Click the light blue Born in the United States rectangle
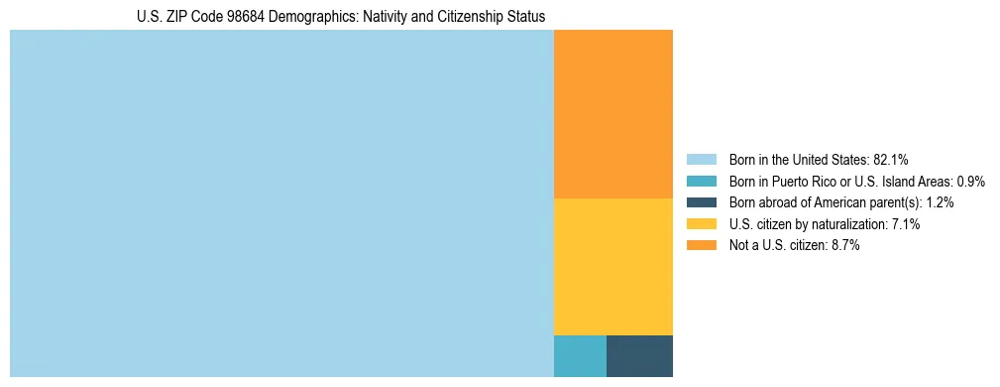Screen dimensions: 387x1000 coord(281,203)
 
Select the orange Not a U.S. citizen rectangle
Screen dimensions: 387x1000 coord(612,114)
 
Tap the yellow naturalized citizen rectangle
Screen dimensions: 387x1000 coord(612,267)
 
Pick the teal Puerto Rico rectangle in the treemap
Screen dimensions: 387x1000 coord(580,356)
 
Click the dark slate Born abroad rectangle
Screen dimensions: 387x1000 coord(639,356)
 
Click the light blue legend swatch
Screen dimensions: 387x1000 coord(701,159)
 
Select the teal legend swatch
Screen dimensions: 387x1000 coord(701,181)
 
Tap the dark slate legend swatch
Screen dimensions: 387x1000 coord(701,202)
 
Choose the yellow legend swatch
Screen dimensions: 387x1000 coord(701,224)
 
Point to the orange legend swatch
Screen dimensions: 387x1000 coord(701,246)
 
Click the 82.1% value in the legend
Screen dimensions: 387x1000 coord(891,159)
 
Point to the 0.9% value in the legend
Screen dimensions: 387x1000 coord(970,181)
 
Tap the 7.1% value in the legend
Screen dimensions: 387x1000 coord(906,224)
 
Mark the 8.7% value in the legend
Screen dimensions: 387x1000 coord(845,246)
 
